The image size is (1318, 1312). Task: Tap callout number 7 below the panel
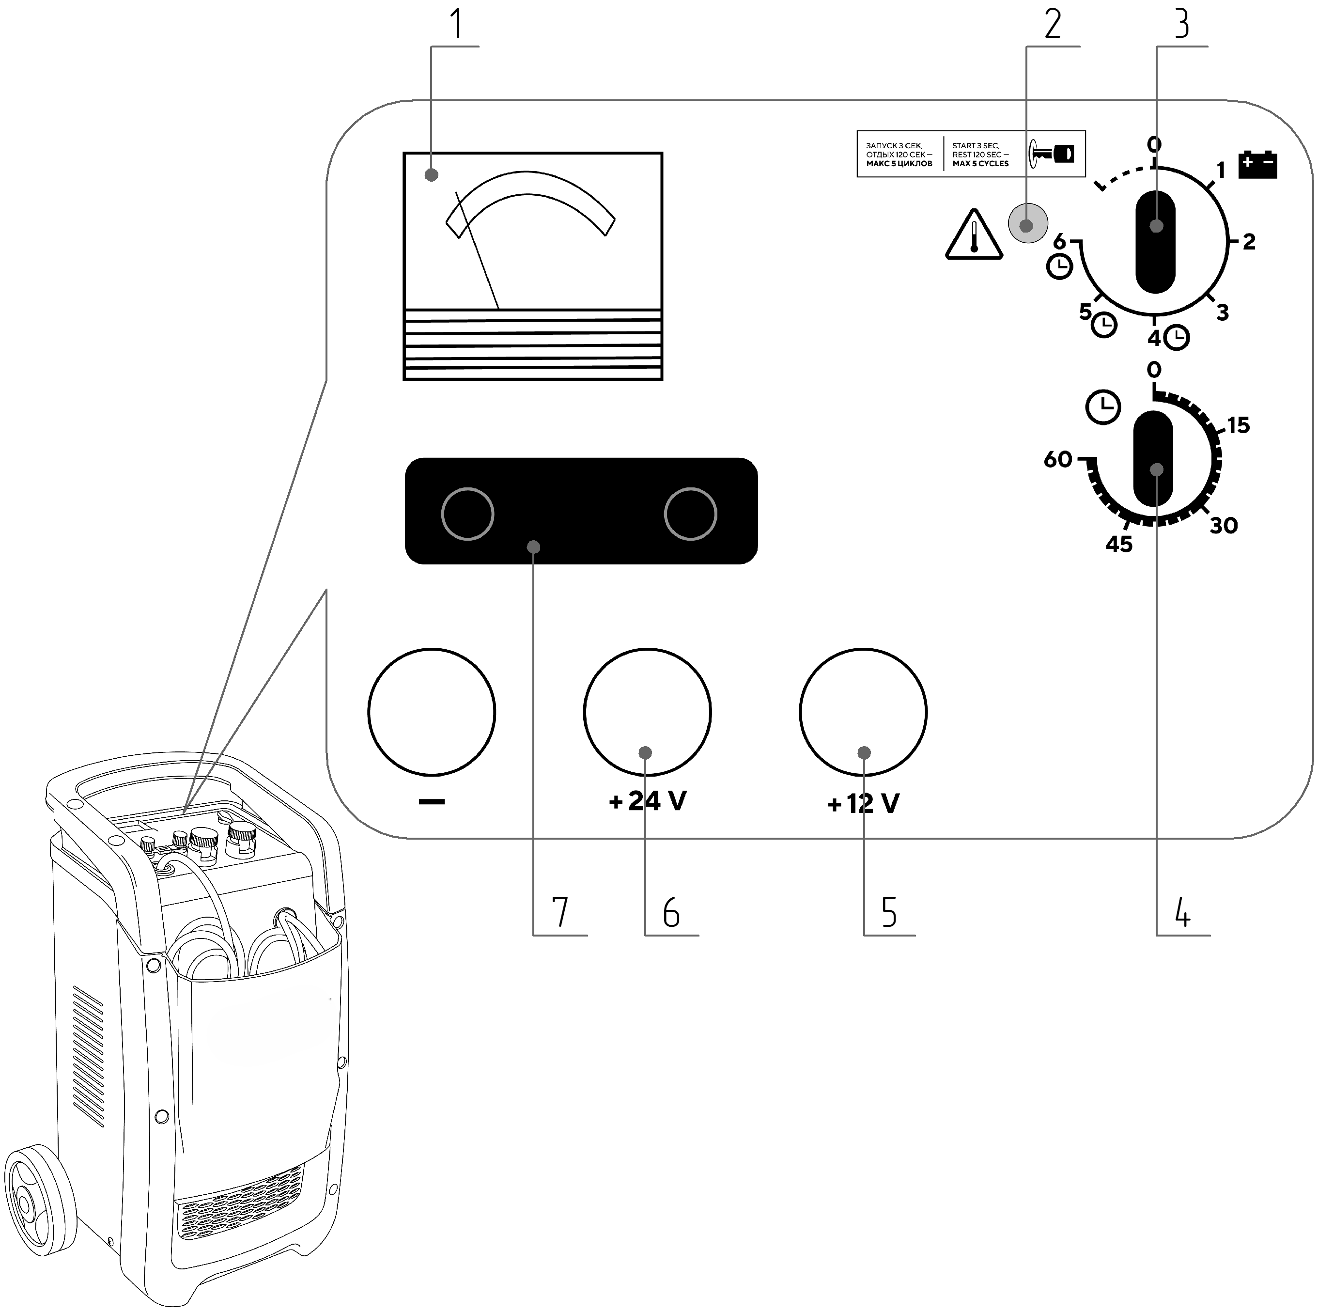559,912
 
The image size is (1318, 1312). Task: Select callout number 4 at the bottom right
1182,912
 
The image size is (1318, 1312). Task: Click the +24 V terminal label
648,801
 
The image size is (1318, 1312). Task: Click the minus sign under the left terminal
432,802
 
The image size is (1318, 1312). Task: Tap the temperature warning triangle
974,235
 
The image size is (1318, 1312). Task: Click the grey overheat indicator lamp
1027,224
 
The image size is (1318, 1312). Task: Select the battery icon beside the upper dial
1257,164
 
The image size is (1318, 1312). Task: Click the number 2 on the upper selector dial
1248,242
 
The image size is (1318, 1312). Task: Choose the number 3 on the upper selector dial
1223,312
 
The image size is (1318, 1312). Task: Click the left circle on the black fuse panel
467,514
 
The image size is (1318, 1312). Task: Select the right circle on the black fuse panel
690,514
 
